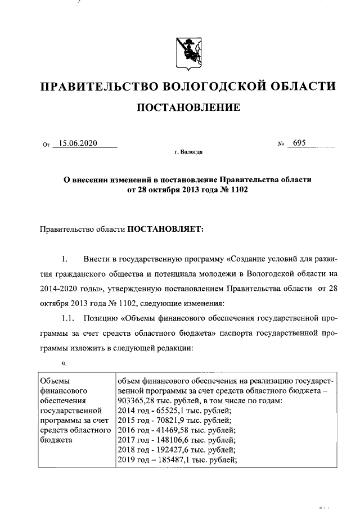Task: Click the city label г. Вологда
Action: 189,153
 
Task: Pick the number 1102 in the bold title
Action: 238,190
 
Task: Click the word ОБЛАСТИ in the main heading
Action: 304,87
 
